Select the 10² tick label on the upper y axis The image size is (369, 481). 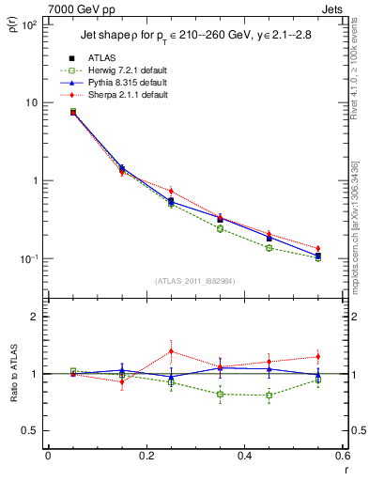point(28,24)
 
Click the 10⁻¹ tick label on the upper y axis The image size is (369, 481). point(28,258)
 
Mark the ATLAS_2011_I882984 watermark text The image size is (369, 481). point(195,281)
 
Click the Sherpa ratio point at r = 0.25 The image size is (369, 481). point(171,351)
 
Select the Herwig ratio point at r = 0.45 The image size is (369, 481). point(269,395)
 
